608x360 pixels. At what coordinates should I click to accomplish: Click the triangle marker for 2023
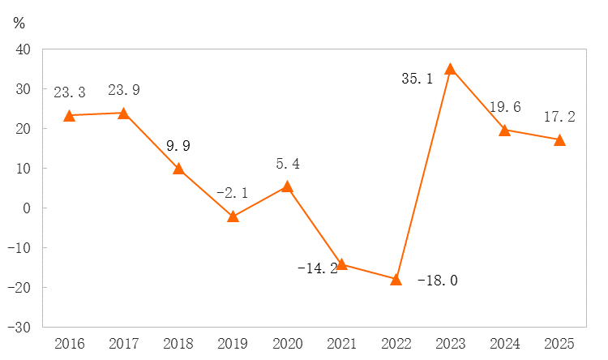pos(450,69)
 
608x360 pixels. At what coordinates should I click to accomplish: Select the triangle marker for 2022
pos(396,280)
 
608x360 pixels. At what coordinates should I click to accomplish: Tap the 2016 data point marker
pos(69,116)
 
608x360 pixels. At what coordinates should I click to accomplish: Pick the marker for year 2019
pos(233,216)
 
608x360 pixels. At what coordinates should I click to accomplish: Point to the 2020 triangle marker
pos(287,186)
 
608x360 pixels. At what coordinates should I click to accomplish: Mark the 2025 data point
pos(559,139)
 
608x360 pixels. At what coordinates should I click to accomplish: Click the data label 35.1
pos(418,79)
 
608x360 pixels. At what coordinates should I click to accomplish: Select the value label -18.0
pos(438,281)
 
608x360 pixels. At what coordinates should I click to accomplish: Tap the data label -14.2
pos(317,268)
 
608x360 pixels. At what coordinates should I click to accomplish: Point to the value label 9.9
pos(178,147)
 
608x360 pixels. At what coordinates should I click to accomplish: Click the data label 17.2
pos(559,118)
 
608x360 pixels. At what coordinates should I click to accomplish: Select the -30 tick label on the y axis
pos(19,328)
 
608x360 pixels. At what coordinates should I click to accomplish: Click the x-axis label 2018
pos(178,344)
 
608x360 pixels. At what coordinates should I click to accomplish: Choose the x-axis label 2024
pos(504,344)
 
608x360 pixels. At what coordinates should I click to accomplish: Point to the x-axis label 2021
pos(341,344)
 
